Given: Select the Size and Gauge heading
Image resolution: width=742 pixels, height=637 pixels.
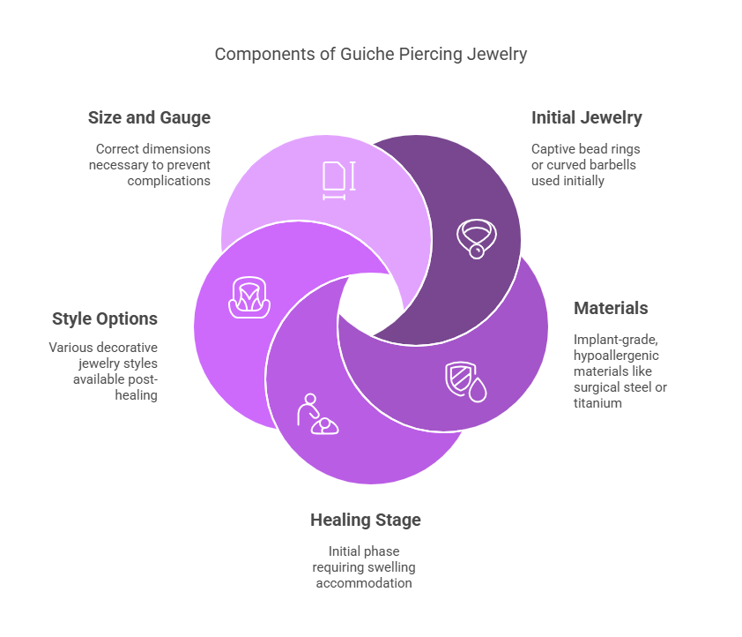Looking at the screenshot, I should (x=149, y=117).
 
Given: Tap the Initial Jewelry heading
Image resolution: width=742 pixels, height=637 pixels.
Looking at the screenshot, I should (x=586, y=117).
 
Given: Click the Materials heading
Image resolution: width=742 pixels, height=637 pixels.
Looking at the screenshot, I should (x=611, y=308).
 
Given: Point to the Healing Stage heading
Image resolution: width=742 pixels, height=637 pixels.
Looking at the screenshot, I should (x=365, y=520).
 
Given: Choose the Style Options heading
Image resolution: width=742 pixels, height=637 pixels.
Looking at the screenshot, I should (x=105, y=318).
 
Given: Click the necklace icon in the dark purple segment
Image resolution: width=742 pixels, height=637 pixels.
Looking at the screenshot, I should (x=476, y=237).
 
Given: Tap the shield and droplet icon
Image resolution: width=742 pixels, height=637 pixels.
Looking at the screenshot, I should (x=464, y=381).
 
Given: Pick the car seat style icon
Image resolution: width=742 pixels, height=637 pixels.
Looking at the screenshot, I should (x=249, y=297).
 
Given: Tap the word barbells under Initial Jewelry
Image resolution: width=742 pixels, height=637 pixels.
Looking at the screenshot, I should (x=617, y=165).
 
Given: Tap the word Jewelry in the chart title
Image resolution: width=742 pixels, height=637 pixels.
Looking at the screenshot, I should (x=496, y=55).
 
